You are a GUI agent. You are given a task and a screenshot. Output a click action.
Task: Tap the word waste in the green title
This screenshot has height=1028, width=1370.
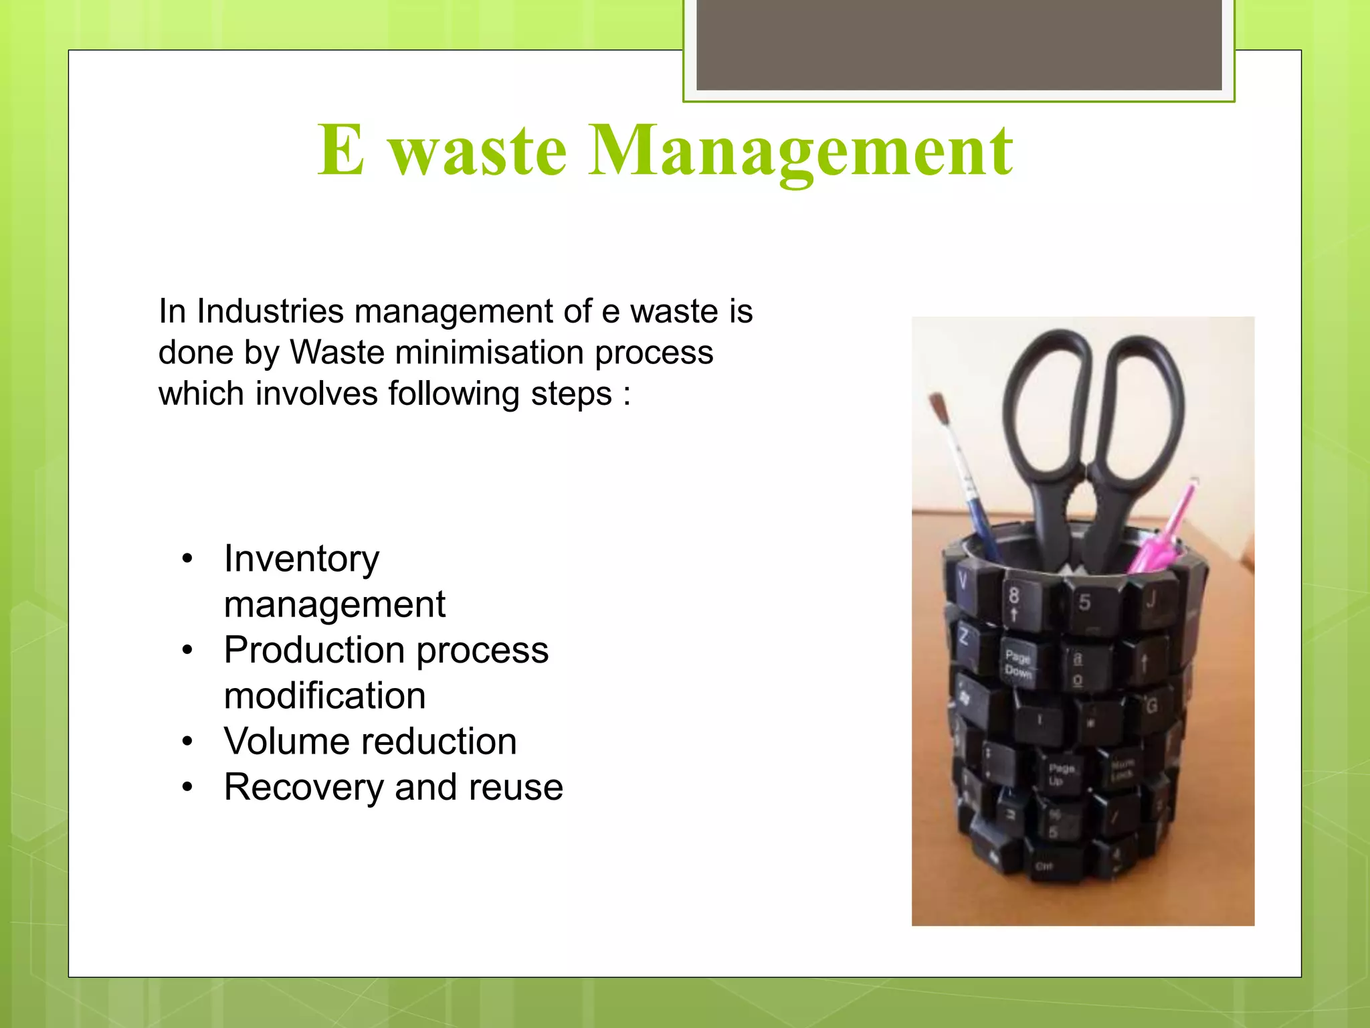pyautogui.click(x=478, y=153)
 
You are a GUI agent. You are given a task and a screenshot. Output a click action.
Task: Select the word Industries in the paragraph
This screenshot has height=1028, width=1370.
pyautogui.click(x=271, y=311)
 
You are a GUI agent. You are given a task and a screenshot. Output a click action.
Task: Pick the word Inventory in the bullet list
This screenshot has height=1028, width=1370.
pyautogui.click(x=301, y=559)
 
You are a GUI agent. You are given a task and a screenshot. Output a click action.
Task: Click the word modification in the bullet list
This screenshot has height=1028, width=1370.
pyautogui.click(x=324, y=696)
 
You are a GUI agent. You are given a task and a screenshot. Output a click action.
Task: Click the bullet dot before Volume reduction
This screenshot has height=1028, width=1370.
pyautogui.click(x=188, y=742)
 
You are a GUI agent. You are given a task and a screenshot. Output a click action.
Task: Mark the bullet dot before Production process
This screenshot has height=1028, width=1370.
pyautogui.click(x=188, y=651)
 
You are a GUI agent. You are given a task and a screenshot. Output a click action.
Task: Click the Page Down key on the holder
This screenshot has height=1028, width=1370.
pyautogui.click(x=1018, y=663)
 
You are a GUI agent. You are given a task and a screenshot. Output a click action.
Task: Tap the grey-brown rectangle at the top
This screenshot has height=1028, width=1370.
pyautogui.click(x=959, y=45)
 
